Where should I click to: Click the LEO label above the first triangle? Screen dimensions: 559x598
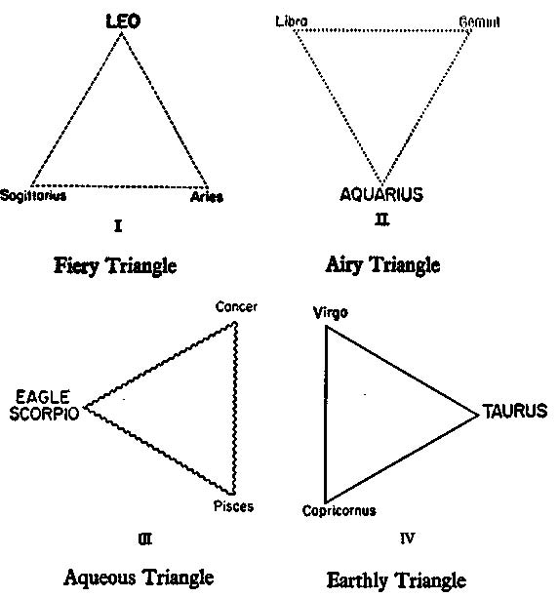123,21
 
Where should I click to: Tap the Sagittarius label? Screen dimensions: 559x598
33,195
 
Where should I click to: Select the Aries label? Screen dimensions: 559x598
207,197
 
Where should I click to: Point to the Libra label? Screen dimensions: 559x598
292,21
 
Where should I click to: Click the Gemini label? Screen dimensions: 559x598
479,21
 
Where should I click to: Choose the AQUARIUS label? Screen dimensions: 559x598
381,194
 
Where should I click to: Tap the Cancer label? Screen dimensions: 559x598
236,306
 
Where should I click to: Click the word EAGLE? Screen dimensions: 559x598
43,397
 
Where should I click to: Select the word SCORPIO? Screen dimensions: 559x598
44,413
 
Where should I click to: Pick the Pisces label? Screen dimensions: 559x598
233,506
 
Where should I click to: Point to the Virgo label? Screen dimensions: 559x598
330,313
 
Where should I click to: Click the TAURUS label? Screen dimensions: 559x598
515,411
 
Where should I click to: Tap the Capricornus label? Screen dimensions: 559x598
339,510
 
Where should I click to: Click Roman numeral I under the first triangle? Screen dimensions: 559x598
118,226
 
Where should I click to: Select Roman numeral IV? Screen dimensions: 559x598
407,538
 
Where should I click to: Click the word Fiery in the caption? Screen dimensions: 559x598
76,265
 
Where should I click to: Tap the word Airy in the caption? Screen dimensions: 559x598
343,264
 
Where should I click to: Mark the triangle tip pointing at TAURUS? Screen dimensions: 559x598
479,416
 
